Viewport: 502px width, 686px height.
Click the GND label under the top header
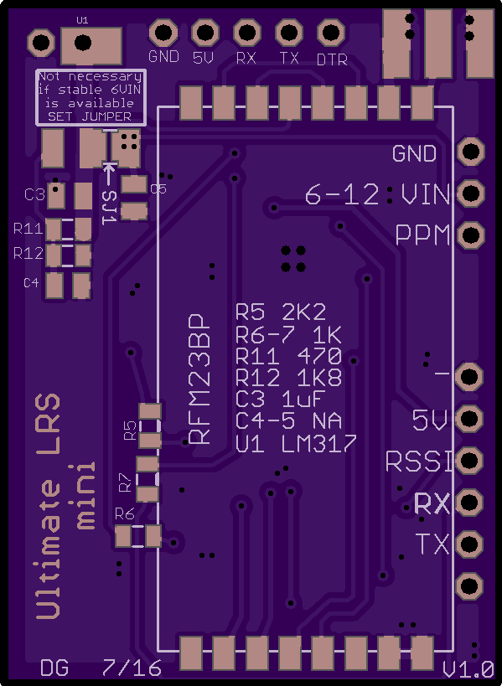(163, 57)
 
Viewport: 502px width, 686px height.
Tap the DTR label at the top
(332, 60)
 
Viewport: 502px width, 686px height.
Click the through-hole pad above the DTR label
(330, 33)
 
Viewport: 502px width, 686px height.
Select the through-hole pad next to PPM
(471, 235)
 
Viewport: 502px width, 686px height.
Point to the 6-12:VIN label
(377, 194)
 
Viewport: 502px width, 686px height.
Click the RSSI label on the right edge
(419, 462)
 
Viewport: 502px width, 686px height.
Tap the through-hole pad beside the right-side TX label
(469, 544)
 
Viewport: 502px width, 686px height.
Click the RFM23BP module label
(199, 379)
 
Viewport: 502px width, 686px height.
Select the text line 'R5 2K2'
(281, 312)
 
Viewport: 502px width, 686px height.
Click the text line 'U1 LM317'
(297, 444)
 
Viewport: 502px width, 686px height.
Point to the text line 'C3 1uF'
(280, 399)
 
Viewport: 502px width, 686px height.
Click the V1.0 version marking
(468, 669)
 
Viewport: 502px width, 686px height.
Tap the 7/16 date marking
(132, 668)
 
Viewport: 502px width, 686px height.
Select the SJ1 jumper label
(110, 208)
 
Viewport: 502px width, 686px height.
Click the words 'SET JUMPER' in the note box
(90, 116)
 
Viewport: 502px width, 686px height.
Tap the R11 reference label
(28, 229)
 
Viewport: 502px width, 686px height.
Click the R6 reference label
(125, 513)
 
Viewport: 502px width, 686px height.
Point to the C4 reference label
(31, 283)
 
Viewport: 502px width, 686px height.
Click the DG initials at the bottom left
(54, 668)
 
